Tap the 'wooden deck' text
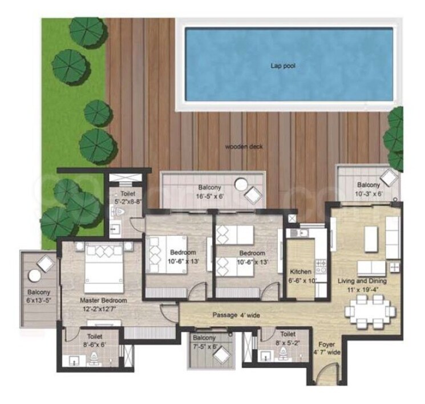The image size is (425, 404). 244,147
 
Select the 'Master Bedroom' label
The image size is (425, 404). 103,300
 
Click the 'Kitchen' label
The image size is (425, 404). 301,272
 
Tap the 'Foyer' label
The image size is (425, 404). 326,345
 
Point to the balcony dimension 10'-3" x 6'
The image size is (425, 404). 368,195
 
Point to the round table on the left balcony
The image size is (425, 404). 35,276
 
